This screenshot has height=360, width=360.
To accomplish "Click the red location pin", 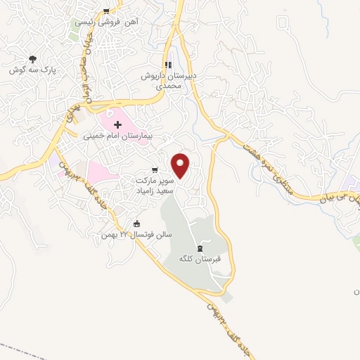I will (181, 165).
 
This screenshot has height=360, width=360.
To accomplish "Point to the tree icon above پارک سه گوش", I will (32, 60).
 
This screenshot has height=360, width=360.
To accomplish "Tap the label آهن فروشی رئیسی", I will (105, 22).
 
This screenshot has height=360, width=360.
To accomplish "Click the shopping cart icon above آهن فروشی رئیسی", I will (105, 11).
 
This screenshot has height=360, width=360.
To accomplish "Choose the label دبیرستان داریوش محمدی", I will (169, 79).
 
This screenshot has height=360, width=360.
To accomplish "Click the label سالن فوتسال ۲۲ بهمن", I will (136, 234).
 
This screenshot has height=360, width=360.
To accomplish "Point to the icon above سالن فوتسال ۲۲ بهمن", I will (136, 224).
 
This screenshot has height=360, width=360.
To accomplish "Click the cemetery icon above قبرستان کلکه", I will (200, 248).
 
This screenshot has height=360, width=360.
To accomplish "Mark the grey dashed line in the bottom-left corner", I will (21, 349).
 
